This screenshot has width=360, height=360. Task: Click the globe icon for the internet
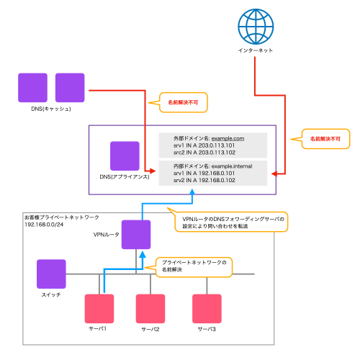tap(255, 24)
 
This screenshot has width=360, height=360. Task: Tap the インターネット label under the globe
tap(255, 51)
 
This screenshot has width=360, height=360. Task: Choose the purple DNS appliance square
tap(124, 156)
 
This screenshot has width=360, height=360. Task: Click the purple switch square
tap(51, 274)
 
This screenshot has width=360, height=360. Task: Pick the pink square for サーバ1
tap(99, 308)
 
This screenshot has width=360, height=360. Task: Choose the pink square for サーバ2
tap(151, 308)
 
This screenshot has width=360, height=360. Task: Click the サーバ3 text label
tap(207, 330)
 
